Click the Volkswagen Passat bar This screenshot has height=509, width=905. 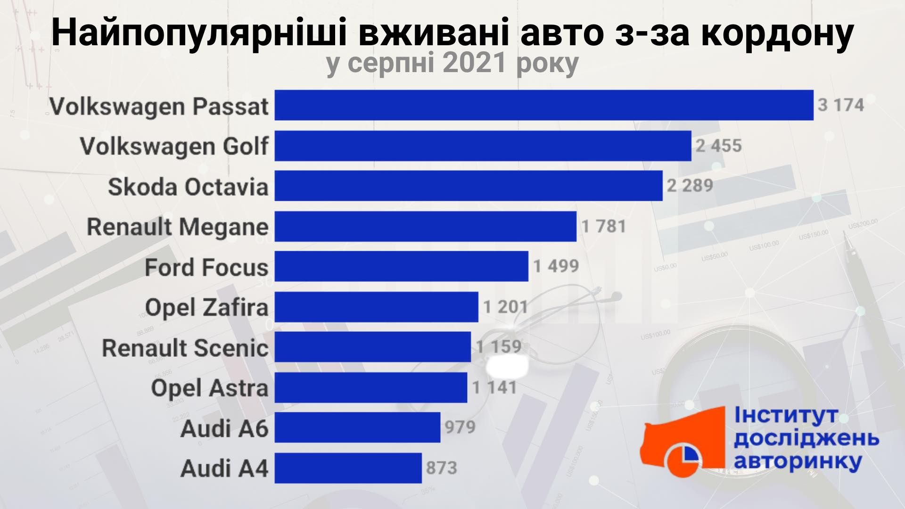point(544,105)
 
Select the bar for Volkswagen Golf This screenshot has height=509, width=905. point(483,145)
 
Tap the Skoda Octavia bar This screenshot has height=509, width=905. point(469,186)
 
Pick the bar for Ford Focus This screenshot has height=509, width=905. point(401,266)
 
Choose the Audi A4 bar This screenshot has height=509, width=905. point(348,468)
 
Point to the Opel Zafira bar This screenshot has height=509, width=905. point(376,307)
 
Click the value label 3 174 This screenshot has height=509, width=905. point(841,105)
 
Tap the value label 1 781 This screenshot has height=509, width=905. point(604,226)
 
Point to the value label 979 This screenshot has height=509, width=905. point(461,427)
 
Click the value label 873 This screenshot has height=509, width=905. point(442,468)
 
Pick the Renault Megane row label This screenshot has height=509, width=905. point(178,227)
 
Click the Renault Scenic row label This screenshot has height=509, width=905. point(185,348)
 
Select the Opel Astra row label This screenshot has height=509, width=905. point(210,388)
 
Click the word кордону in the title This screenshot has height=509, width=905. point(776,32)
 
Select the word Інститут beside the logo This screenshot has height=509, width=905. point(786,416)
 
